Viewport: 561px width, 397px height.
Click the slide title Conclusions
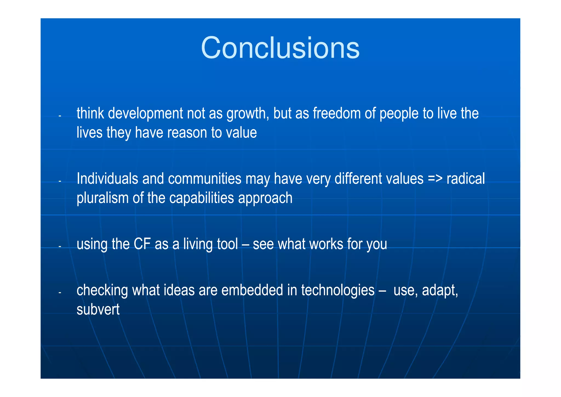pos(280,48)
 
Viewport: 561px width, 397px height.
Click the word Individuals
pos(107,179)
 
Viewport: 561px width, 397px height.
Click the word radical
pos(465,179)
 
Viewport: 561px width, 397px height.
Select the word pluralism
pos(102,198)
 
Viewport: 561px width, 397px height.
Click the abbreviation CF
pos(142,244)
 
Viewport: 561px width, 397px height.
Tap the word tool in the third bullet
pos(227,244)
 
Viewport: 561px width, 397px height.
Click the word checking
pos(102,291)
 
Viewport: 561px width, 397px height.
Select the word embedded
pos(252,291)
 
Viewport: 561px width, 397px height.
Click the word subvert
pos(98,310)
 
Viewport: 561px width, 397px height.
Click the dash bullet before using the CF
pos(59,247)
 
